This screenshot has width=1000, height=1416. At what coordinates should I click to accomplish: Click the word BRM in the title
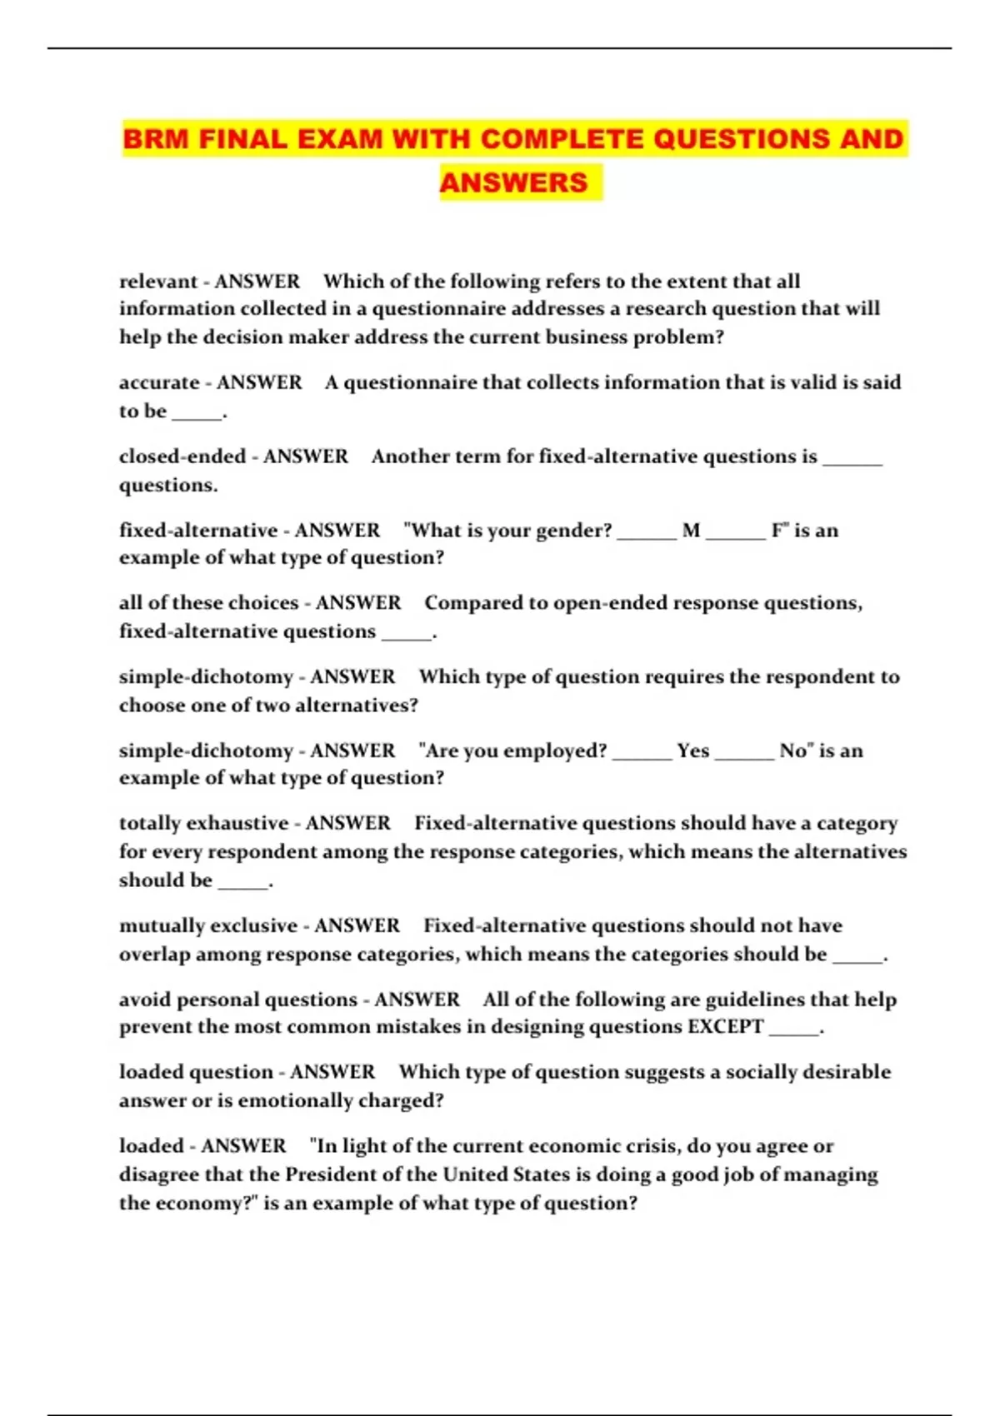pyautogui.click(x=156, y=139)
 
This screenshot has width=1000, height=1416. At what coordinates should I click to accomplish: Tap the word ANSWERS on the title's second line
pyautogui.click(x=513, y=182)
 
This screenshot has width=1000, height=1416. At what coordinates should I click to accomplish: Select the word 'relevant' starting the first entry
pyautogui.click(x=158, y=282)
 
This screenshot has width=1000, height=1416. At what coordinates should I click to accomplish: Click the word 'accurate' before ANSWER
pyautogui.click(x=159, y=382)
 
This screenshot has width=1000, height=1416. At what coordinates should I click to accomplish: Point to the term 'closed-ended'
pyautogui.click(x=182, y=456)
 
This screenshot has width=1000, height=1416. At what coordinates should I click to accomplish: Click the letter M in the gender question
pyautogui.click(x=691, y=531)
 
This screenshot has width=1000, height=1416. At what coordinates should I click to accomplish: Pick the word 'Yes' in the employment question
pyautogui.click(x=692, y=750)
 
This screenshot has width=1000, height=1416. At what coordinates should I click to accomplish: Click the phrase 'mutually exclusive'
pyautogui.click(x=208, y=925)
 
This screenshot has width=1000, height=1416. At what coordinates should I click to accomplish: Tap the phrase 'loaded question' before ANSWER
pyautogui.click(x=195, y=1072)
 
